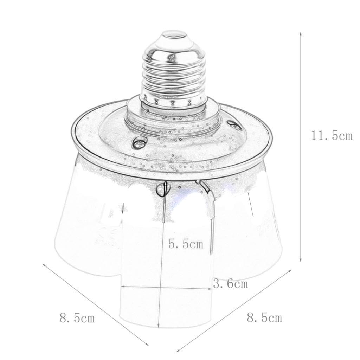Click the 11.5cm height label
tap(332, 136)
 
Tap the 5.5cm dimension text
tap(186, 244)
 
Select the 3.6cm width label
tap(230, 284)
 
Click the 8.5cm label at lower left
tap(77, 318)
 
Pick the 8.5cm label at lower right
tap(264, 318)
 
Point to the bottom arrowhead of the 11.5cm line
tap(301, 259)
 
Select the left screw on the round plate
tap(139, 143)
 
